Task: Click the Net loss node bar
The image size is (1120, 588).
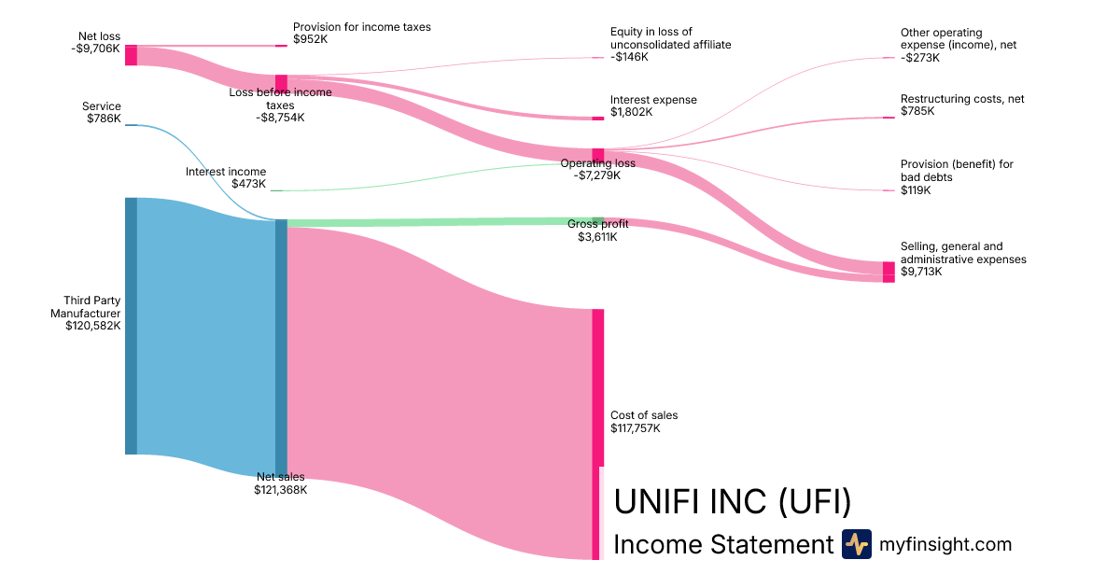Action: (131, 55)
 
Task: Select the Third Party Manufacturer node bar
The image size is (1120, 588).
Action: (131, 326)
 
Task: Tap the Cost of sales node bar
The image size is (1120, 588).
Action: (597, 434)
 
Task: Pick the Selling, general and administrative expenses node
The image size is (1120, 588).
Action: (889, 272)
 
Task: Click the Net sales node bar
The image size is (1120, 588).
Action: (281, 349)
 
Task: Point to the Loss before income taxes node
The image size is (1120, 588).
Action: (281, 83)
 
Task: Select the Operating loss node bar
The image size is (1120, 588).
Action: (598, 155)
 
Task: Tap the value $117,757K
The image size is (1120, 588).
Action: (635, 428)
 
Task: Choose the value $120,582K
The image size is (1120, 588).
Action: (92, 326)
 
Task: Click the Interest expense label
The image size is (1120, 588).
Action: (653, 100)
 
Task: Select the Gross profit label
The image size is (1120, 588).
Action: (597, 224)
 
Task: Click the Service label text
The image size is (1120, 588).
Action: (101, 106)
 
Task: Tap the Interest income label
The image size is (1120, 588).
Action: (225, 172)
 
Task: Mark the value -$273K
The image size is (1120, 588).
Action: (920, 58)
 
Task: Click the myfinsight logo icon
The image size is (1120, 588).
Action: (856, 544)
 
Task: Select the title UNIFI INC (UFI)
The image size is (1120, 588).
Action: (733, 501)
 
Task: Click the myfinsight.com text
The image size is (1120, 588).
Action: (945, 544)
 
